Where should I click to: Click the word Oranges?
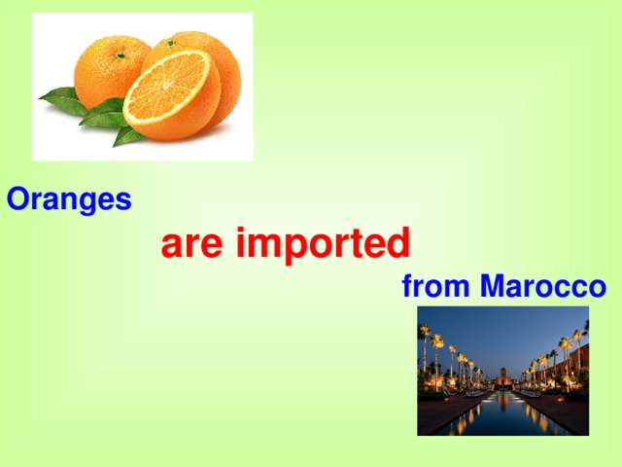coord(69,200)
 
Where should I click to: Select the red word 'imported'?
coord(323,245)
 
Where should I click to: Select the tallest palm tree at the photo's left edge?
coord(424,350)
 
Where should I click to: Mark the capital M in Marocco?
coord(492,288)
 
